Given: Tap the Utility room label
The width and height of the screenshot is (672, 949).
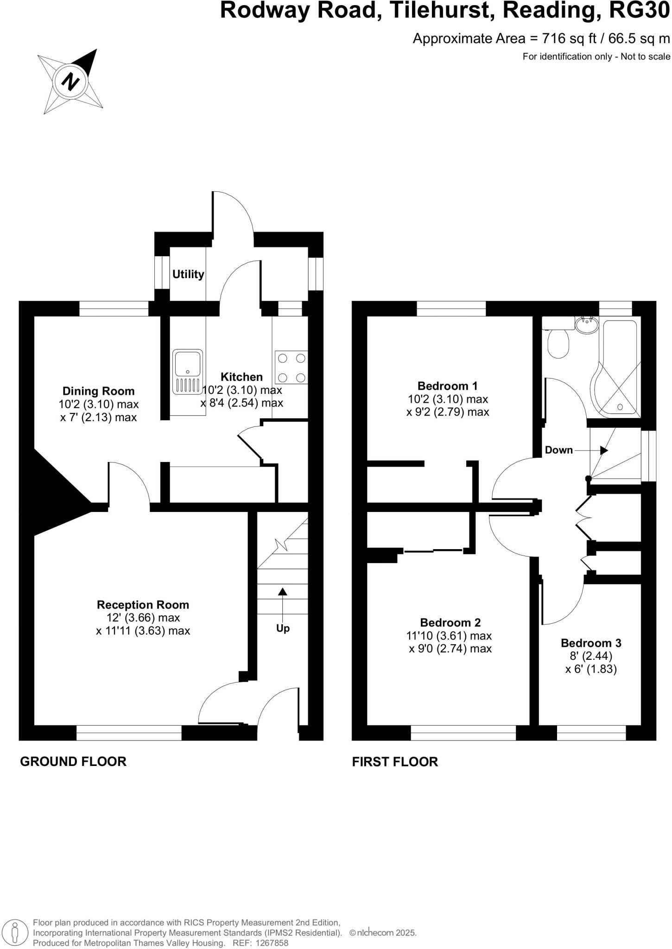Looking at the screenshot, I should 188,274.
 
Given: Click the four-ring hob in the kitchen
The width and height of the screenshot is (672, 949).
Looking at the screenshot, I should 291,367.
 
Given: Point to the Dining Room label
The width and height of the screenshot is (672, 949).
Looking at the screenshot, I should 98,391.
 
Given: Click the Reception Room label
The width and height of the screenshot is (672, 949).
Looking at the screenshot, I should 143,605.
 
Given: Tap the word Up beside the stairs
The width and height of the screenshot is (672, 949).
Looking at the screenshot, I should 283,628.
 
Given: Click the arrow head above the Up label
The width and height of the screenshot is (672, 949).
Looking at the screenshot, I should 282,591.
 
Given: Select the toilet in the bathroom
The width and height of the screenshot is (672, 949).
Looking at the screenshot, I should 558,343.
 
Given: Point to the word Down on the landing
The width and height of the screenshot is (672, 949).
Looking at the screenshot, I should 558,450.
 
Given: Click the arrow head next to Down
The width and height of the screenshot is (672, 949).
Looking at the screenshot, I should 603,450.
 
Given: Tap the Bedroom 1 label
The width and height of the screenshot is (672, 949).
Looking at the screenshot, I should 447,386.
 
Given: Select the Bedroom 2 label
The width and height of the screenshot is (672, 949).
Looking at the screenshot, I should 450,622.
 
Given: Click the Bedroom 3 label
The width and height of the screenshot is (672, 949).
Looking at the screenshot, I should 591,643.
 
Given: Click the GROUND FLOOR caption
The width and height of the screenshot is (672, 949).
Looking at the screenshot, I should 73,761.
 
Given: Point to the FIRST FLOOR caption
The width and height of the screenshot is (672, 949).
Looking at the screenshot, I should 395,762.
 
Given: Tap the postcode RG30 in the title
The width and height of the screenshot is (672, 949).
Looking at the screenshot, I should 639,11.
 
